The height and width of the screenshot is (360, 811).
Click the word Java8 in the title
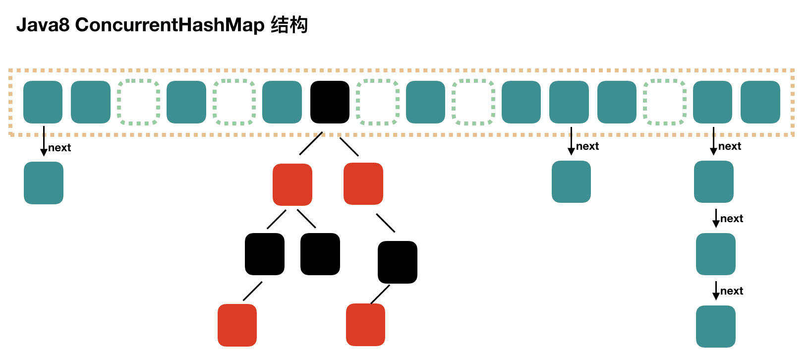[x=43, y=25]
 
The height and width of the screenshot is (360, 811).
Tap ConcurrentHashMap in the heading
[x=170, y=25]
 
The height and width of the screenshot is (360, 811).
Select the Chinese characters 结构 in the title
[x=290, y=25]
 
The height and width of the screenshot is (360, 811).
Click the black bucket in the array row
[x=330, y=102]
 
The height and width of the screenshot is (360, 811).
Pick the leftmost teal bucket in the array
[x=43, y=102]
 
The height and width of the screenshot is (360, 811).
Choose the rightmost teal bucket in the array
[x=760, y=102]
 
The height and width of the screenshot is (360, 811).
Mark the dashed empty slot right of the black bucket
[x=378, y=102]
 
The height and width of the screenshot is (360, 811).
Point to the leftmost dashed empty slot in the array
[x=139, y=102]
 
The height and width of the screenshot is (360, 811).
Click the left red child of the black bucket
[x=292, y=184]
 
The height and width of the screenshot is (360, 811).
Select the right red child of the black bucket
[x=363, y=183]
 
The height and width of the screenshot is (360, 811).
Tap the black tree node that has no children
[x=320, y=254]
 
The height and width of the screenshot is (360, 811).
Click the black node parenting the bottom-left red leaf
[x=265, y=254]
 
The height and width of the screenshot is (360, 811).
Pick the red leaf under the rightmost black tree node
[x=365, y=325]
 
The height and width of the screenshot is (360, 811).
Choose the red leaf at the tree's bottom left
[x=237, y=325]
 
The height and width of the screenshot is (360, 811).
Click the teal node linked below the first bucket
[x=44, y=182]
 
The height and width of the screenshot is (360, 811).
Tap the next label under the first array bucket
[x=59, y=148]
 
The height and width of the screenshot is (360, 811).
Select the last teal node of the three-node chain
[x=715, y=326]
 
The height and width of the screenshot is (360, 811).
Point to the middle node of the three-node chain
[x=715, y=254]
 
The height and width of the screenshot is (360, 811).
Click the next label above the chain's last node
[x=731, y=291]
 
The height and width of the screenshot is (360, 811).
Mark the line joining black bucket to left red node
[x=311, y=144]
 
